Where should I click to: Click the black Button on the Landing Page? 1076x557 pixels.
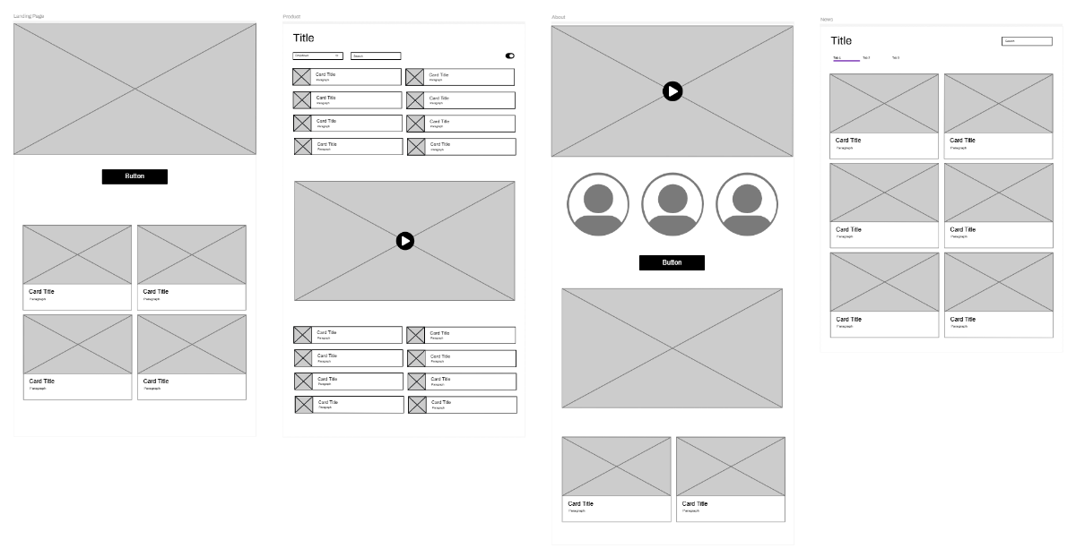click(x=134, y=176)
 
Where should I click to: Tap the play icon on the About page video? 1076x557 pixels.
click(x=672, y=91)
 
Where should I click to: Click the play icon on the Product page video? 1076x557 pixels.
click(x=405, y=241)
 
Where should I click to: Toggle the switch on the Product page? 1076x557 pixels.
click(x=510, y=56)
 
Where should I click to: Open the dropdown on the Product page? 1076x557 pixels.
click(x=317, y=56)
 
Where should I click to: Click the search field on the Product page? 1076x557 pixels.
click(x=376, y=56)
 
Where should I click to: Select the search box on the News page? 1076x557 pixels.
click(x=1027, y=41)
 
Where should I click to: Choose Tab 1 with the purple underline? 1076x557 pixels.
click(x=838, y=58)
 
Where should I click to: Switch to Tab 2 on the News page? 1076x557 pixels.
click(x=866, y=58)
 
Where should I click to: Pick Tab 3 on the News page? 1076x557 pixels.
click(x=895, y=58)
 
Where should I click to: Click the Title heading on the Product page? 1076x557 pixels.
click(x=304, y=38)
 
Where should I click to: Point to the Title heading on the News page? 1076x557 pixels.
click(x=841, y=40)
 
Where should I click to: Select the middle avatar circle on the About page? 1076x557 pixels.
click(x=672, y=204)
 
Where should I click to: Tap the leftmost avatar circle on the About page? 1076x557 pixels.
click(x=598, y=204)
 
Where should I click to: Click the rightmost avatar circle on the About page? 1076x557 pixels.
click(x=747, y=204)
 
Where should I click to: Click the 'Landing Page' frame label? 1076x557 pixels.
click(x=29, y=16)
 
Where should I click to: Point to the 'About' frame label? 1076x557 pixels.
click(x=559, y=17)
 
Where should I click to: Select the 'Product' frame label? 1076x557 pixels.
click(x=291, y=16)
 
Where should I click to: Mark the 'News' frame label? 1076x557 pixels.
click(x=827, y=19)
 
